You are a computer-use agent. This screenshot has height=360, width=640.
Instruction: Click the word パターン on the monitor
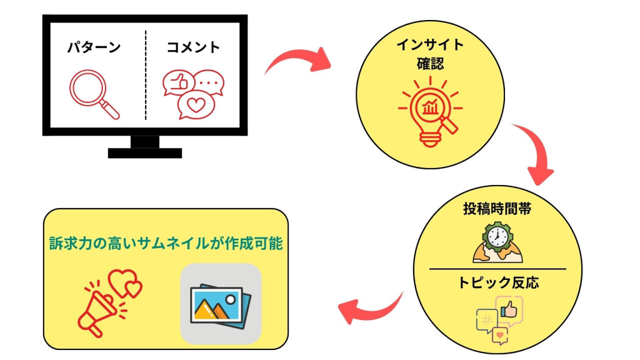tap(94, 47)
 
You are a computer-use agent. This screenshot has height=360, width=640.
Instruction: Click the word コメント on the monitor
tap(193, 47)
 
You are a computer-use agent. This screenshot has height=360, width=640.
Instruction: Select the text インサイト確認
tap(431, 54)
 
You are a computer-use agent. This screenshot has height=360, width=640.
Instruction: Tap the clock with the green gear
tap(498, 241)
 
